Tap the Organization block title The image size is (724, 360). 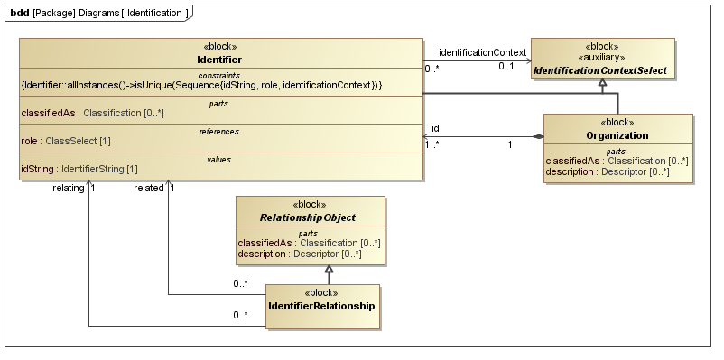[617, 135]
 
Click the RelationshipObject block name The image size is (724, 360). [308, 217]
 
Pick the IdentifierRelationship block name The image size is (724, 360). [320, 306]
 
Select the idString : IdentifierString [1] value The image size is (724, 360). [79, 169]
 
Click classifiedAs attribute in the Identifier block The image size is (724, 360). [88, 113]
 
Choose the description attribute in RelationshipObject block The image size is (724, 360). [299, 254]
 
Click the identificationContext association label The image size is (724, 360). [482, 52]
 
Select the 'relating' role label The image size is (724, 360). [70, 188]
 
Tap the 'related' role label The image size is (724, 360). [149, 188]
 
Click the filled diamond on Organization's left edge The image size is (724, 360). [538, 136]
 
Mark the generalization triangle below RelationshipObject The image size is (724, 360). [330, 270]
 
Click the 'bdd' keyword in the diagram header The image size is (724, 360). [18, 14]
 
